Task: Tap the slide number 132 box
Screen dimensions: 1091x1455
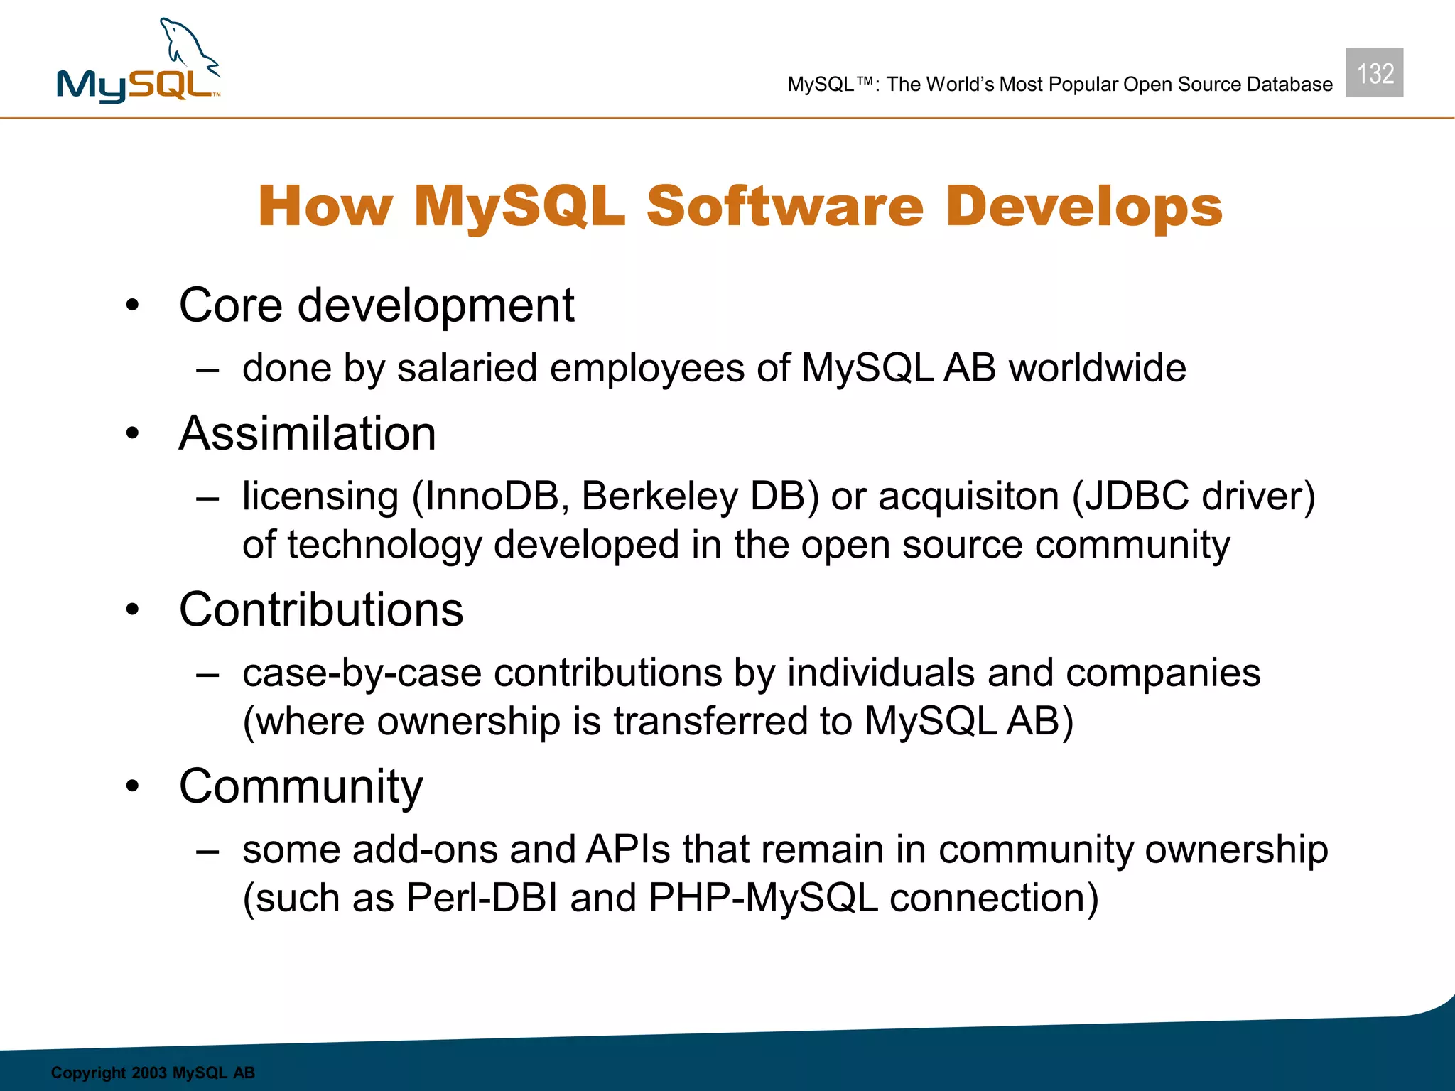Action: (1374, 73)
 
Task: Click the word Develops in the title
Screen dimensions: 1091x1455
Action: (1083, 207)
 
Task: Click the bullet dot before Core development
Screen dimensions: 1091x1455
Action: (132, 306)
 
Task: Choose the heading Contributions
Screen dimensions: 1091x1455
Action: (321, 609)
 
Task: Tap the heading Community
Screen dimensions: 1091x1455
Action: (301, 786)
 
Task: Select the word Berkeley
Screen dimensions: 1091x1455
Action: (660, 496)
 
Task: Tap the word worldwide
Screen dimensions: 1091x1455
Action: (1097, 368)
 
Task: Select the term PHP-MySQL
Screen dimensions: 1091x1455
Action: (763, 898)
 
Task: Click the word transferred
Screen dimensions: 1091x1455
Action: (710, 721)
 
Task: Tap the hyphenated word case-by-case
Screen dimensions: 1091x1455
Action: (362, 673)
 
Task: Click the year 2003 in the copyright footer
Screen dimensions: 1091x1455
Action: (148, 1073)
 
